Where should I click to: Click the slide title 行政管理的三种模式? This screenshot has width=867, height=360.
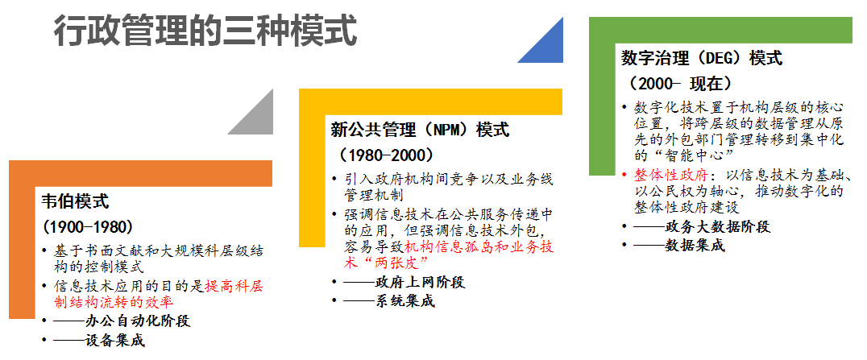pyautogui.click(x=205, y=31)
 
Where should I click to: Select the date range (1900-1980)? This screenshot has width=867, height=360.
pyautogui.click(x=88, y=227)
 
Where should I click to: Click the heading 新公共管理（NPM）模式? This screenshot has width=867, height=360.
pyautogui.click(x=420, y=130)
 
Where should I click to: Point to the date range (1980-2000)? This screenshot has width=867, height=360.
pyautogui.click(x=387, y=155)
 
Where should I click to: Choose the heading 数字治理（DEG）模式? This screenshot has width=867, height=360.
pyautogui.click(x=702, y=58)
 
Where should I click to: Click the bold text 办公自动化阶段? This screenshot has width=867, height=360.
pyautogui.click(x=139, y=321)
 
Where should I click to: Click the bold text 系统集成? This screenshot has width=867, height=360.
pyautogui.click(x=404, y=302)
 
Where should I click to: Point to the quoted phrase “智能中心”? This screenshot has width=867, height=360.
pyautogui.click(x=693, y=155)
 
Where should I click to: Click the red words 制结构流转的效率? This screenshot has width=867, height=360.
pyautogui.click(x=114, y=302)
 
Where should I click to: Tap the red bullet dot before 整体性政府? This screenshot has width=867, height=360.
pyautogui.click(x=624, y=176)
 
